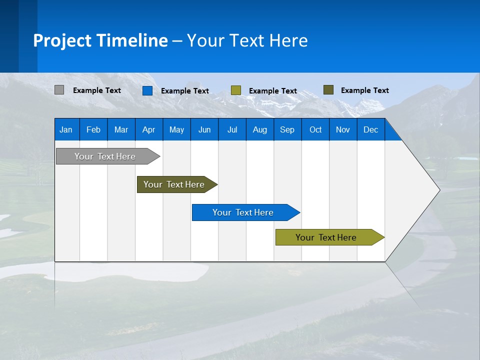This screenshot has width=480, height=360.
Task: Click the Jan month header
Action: pyautogui.click(x=66, y=129)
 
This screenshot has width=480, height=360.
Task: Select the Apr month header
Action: pyautogui.click(x=148, y=129)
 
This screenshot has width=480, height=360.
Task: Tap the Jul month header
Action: pyautogui.click(x=232, y=129)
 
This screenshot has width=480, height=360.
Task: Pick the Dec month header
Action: pyautogui.click(x=370, y=129)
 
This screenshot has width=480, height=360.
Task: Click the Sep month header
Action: pyautogui.click(x=287, y=129)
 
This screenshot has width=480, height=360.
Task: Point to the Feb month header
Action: pyautogui.click(x=93, y=129)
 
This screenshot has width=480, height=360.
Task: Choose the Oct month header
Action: pyautogui.click(x=315, y=129)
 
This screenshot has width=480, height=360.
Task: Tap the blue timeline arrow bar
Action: pyautogui.click(x=243, y=212)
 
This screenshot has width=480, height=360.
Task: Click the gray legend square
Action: pyautogui.click(x=59, y=90)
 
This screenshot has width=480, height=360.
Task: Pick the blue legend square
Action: pyautogui.click(x=147, y=90)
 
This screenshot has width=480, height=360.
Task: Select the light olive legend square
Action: pyautogui.click(x=236, y=90)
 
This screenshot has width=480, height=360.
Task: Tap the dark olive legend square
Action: pyautogui.click(x=328, y=90)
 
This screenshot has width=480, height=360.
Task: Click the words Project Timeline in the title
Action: pyautogui.click(x=100, y=40)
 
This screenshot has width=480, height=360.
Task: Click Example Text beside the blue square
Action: pyautogui.click(x=185, y=91)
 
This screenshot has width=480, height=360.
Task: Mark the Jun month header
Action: pyautogui.click(x=204, y=129)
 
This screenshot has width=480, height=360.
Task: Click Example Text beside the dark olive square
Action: pyautogui.click(x=365, y=90)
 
